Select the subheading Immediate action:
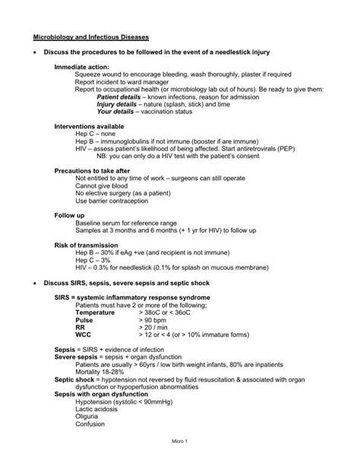click(81, 67)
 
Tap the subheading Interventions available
click(88, 125)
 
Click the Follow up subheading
click(69, 216)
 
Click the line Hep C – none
click(95, 134)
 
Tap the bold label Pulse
click(84, 319)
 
